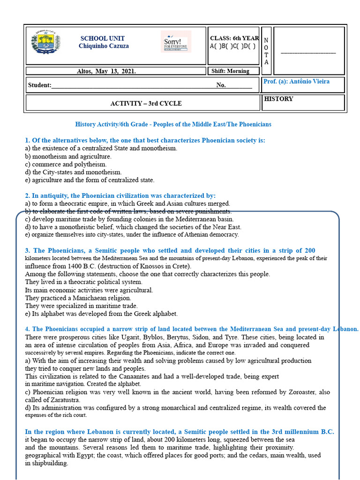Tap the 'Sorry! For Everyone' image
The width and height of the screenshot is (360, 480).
point(176,42)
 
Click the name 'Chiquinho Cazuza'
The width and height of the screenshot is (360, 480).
point(104,46)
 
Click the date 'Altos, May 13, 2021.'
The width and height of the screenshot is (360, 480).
point(106,71)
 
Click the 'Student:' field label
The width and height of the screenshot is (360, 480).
point(39,85)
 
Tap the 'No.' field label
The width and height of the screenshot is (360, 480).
point(221,85)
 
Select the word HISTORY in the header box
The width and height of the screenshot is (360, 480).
point(278,99)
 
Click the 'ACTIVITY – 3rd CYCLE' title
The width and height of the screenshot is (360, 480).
point(146,103)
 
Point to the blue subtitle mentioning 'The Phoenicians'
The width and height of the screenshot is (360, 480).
point(173,124)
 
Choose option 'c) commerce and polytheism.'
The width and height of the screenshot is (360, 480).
point(66,164)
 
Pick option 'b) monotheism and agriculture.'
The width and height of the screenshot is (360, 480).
point(68,157)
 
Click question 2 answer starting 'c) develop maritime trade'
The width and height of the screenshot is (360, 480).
point(129,219)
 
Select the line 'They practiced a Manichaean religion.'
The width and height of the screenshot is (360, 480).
point(78,298)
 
